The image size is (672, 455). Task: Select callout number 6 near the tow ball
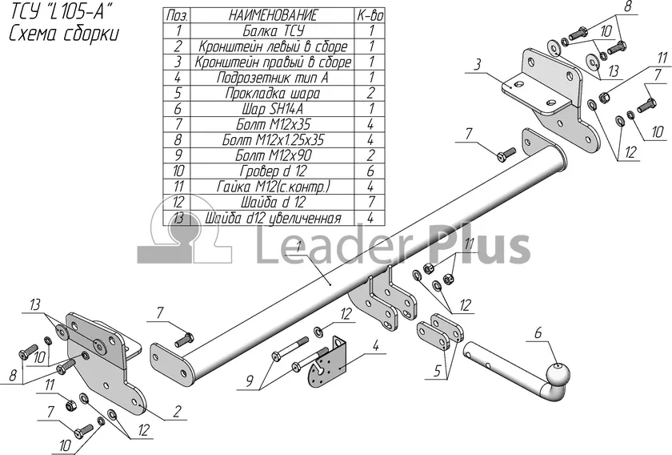pos(538,333)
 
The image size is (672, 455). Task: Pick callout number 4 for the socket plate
pos(376,346)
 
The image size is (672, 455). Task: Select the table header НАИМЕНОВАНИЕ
pos(273,15)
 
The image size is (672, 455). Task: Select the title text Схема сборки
pos(64,33)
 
